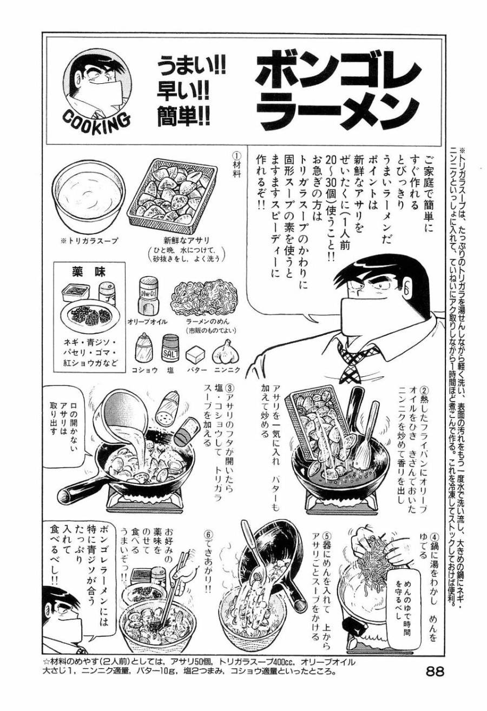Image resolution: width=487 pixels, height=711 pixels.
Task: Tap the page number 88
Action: tap(435, 672)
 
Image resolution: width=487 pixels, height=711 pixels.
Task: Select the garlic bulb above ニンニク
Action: tap(226, 353)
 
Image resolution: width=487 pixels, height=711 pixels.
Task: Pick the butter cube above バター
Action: tap(196, 355)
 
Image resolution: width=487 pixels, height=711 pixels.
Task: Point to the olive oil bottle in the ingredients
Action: tap(149, 295)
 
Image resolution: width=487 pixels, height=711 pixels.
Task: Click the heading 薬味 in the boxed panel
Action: tap(88, 272)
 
